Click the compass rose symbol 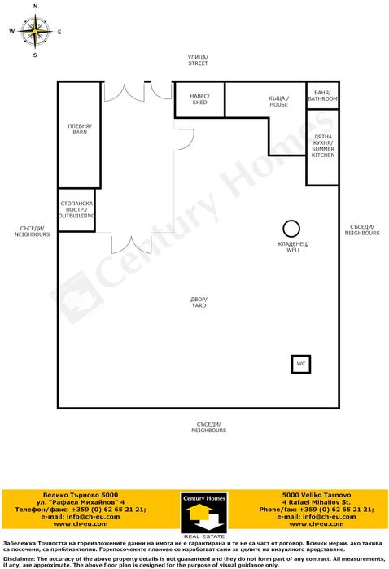pos(35,32)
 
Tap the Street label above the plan pos(198,59)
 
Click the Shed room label pos(199,98)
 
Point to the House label pos(278,101)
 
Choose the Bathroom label pos(322,96)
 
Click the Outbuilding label pos(76,210)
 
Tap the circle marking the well pos(291,228)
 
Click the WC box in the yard pos(301,364)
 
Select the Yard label pos(199,303)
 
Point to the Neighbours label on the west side pos(32,231)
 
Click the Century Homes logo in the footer pos(203,514)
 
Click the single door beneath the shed pos(185,138)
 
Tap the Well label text pos(293,247)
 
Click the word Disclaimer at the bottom pos(20,558)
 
